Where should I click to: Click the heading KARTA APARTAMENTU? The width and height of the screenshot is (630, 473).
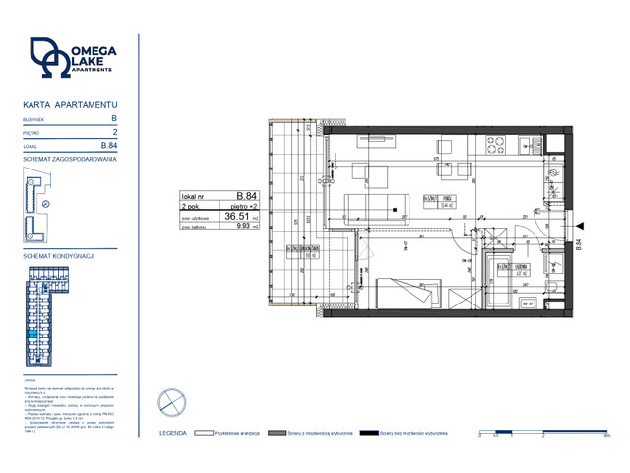coord(70,103)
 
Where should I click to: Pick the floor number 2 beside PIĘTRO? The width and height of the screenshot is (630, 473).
coord(115,131)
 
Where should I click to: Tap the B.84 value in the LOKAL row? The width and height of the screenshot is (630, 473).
coord(110,145)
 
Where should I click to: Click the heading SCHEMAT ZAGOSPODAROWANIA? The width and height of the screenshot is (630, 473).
coord(70,158)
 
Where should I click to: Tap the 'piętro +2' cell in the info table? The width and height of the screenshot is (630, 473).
coord(242,205)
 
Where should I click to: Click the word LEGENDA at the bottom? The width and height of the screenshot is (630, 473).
coord(173,433)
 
